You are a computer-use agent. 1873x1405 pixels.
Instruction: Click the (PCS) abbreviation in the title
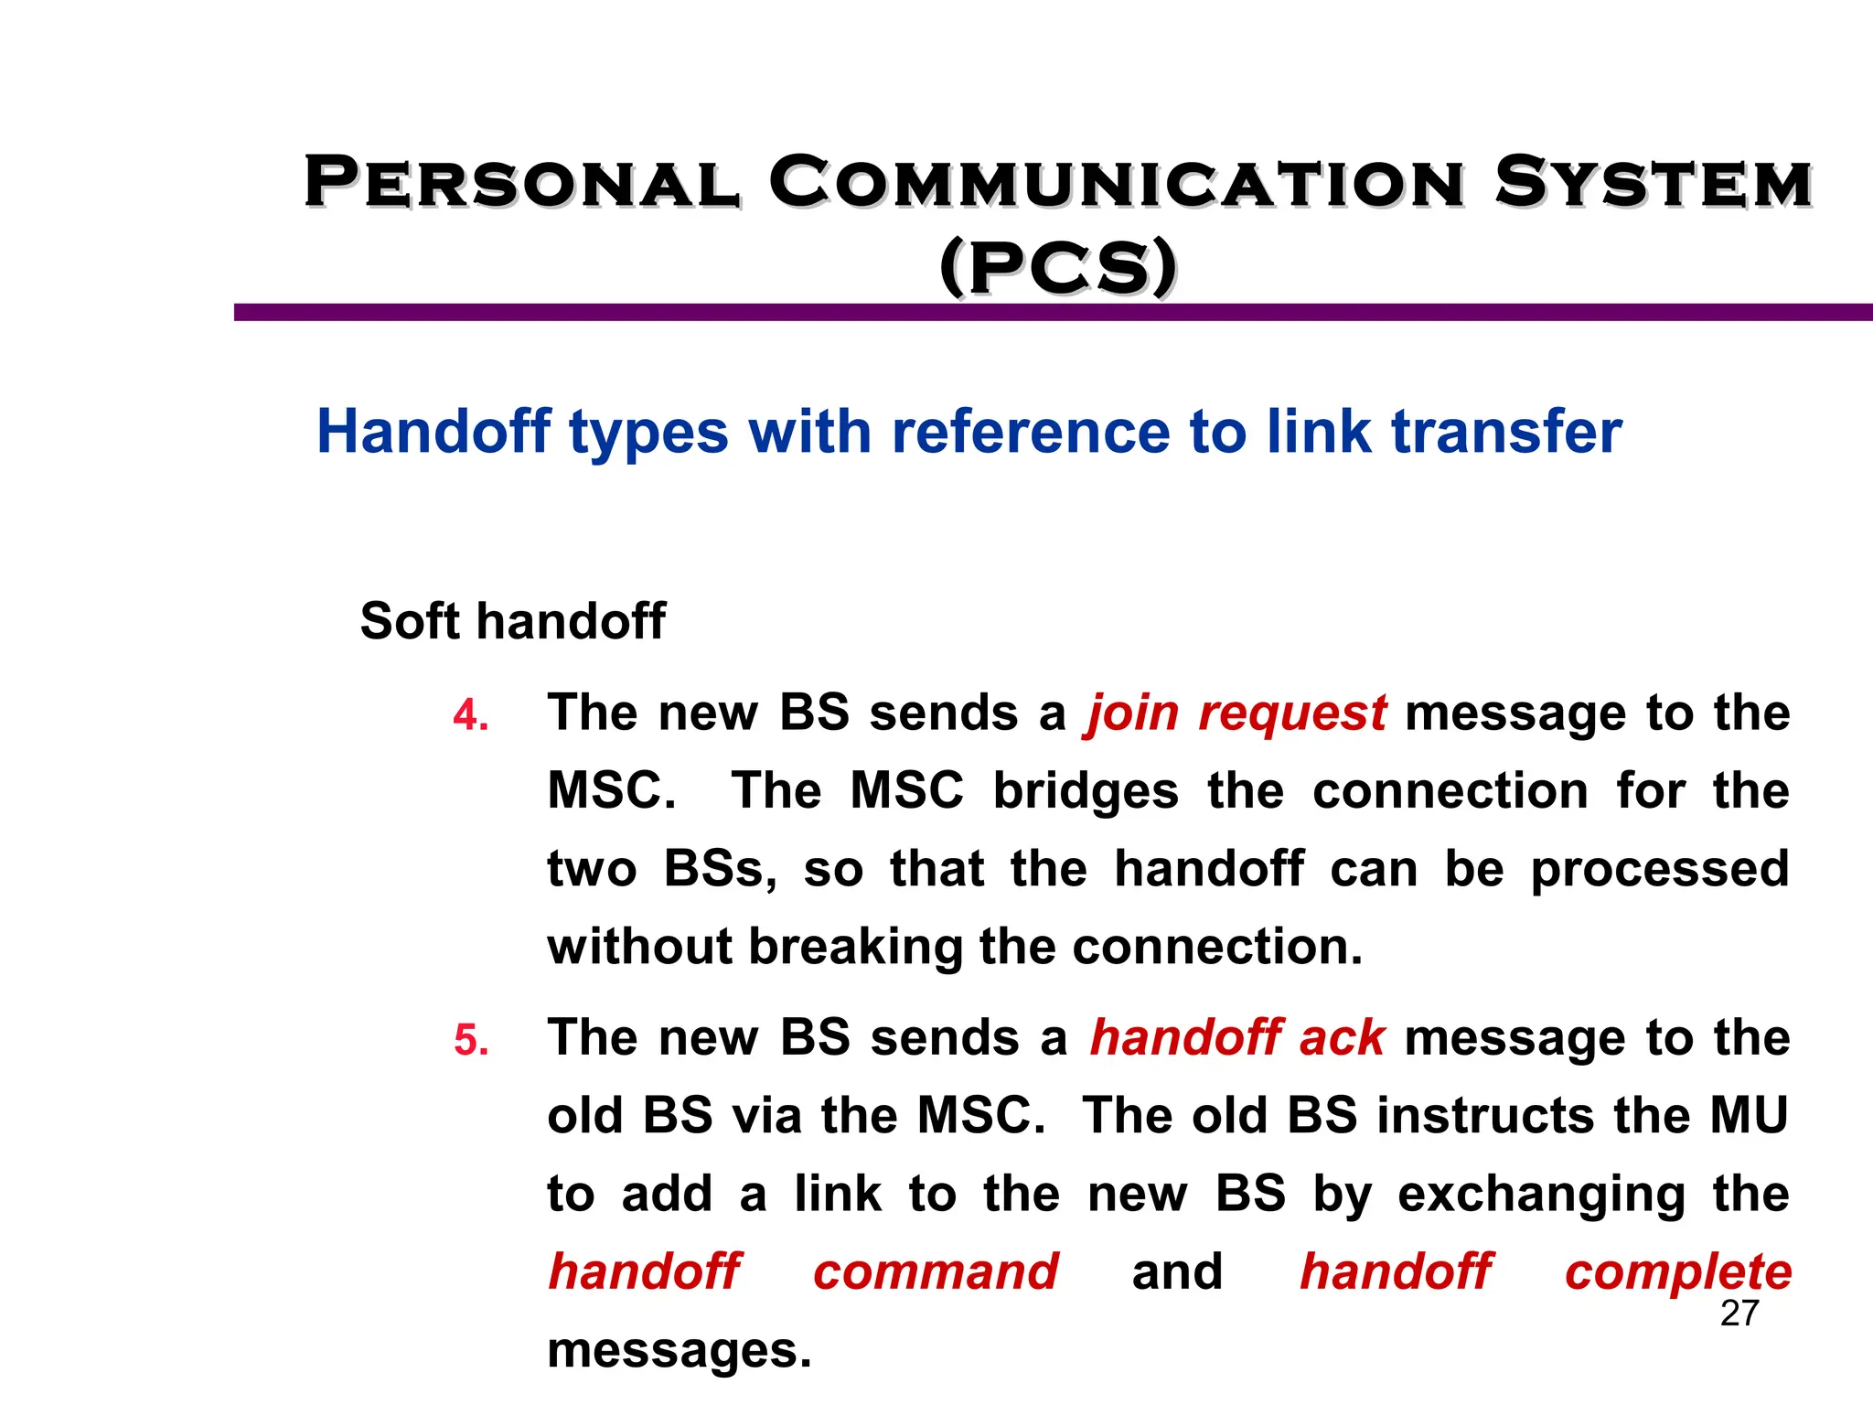point(1058,267)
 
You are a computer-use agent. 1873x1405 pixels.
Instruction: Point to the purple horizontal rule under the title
point(1052,313)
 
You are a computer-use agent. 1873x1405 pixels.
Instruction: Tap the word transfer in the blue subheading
point(1506,432)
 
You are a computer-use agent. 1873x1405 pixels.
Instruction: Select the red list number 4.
point(471,715)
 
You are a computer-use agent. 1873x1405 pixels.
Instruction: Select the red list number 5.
point(471,1041)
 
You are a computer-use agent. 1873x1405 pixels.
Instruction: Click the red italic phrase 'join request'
point(1236,713)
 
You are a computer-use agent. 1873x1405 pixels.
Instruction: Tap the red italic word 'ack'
point(1342,1038)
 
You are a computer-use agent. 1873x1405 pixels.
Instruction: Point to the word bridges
point(1086,791)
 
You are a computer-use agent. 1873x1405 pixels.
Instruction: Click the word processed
point(1660,870)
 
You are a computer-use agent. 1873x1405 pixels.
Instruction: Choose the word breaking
point(855,947)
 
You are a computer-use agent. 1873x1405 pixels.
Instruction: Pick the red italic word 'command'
point(936,1272)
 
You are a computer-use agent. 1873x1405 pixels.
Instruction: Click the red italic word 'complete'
point(1678,1272)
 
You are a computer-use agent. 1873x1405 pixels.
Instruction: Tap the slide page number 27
point(1739,1314)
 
